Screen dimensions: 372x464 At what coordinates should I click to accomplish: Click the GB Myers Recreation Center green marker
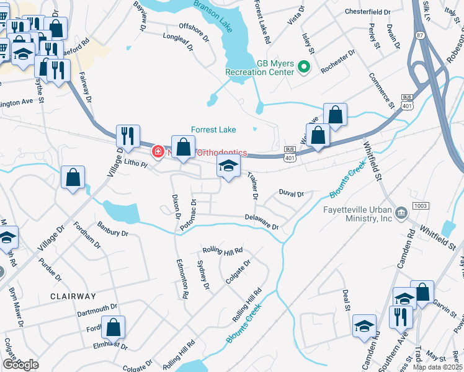click(304, 67)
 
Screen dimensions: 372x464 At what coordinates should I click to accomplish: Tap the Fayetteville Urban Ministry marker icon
click(403, 213)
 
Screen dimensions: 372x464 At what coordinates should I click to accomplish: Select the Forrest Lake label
click(213, 130)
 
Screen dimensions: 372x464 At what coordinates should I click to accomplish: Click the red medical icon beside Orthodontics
click(158, 151)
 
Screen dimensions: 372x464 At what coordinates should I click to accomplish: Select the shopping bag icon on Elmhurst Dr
click(114, 327)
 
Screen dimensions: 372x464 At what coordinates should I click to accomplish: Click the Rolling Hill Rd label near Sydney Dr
click(222, 251)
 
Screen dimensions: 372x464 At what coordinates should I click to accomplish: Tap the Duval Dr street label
click(291, 194)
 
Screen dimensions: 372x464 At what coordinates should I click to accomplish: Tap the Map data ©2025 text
click(437, 367)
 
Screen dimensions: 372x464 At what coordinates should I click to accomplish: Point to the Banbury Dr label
click(112, 229)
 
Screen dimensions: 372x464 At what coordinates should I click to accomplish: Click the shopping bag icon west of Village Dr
click(73, 177)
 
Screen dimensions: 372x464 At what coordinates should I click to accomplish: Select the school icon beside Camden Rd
click(364, 326)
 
